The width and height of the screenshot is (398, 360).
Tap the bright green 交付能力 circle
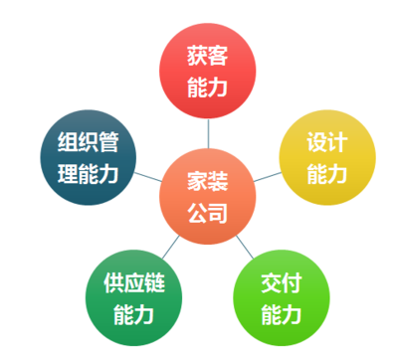pos(280,299)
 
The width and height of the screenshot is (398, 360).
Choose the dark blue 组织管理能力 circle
pos(88,157)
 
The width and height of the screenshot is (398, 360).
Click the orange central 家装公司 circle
pos(208,196)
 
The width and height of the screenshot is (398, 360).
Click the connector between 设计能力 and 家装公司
pos(267,176)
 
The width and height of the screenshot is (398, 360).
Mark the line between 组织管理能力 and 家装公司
pos(147,178)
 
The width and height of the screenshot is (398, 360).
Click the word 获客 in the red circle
pos(208,56)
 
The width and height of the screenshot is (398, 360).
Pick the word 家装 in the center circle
pos(208,180)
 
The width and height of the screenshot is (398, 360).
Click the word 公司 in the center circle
pos(208,212)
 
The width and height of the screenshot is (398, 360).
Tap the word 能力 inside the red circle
pos(208,88)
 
